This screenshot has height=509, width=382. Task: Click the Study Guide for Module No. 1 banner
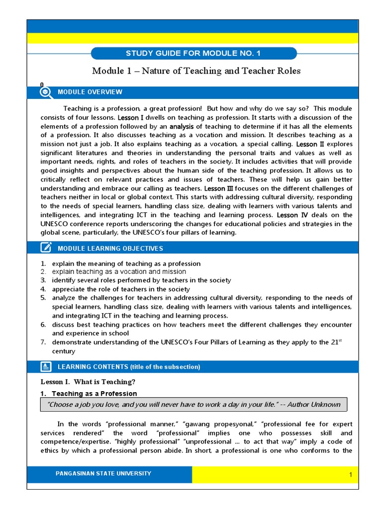193,54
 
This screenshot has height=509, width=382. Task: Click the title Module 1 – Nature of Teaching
196,71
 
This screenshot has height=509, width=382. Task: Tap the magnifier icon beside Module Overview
46,92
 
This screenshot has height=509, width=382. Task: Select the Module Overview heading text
90,92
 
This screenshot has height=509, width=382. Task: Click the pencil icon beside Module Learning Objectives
46,248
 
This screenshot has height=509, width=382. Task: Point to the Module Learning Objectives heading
110,248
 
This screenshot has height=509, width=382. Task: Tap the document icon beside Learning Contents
46,367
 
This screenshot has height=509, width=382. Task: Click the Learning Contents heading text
129,367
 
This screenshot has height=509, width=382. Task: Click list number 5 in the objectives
43,298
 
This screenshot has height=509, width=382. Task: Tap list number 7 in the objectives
43,342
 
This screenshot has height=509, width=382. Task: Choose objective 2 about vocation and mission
119,272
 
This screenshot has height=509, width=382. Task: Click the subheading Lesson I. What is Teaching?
88,382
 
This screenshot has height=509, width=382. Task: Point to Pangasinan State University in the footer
103,474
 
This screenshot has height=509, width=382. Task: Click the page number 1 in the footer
350,475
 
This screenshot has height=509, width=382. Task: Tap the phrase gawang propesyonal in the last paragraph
219,424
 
